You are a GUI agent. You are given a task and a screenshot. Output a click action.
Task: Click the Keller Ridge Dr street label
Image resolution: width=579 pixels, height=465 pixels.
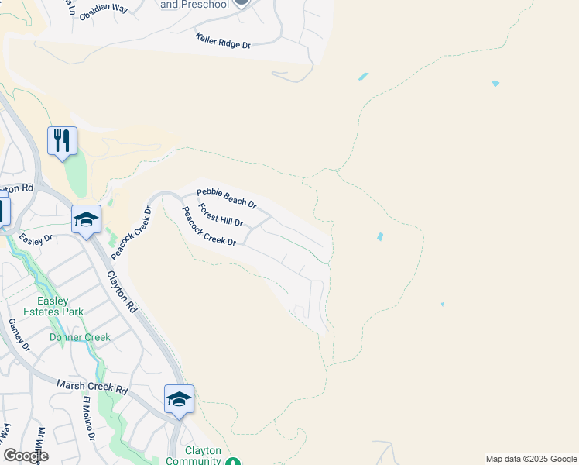coord(223,41)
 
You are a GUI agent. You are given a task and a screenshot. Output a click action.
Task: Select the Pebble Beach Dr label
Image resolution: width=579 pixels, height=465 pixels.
coord(226,198)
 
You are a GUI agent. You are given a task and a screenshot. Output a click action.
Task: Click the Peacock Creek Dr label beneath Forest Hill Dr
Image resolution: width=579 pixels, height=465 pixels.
coord(208,226)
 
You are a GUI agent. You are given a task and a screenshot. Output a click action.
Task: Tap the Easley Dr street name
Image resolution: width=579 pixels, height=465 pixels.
coord(36,239)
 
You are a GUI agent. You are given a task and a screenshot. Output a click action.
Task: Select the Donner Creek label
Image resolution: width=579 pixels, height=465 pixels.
coord(81,337)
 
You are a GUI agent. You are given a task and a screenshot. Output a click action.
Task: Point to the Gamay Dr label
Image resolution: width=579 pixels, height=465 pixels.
coord(19,335)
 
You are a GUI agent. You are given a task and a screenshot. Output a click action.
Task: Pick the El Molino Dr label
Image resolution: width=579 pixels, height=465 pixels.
coord(89,418)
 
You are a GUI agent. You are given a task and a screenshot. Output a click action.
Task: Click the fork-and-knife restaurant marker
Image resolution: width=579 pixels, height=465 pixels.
coord(62,141)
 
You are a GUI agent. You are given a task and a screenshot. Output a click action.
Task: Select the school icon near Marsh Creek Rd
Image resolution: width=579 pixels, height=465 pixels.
coord(179,399)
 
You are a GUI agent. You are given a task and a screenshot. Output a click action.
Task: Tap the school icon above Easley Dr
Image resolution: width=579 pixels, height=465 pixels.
coord(86,219)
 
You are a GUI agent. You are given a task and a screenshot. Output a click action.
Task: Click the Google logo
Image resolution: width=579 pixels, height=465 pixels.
coord(26,456)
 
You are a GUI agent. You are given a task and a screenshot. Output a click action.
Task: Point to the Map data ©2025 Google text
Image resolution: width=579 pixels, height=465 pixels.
coord(531,459)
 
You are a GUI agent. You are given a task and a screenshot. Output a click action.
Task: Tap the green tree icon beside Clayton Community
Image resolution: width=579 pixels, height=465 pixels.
coord(234,461)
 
